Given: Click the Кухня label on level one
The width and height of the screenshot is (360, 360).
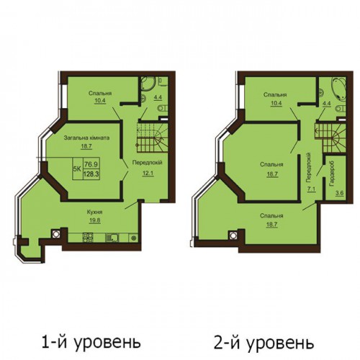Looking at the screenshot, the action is [95, 212].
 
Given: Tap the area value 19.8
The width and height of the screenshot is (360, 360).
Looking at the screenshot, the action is [95, 220].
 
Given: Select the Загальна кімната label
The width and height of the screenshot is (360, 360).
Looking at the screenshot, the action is [86, 138].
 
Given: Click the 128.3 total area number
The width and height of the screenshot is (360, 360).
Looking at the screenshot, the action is [91, 174].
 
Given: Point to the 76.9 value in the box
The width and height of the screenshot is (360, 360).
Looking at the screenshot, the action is [91, 164].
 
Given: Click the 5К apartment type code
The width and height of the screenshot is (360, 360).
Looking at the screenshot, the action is [77, 168].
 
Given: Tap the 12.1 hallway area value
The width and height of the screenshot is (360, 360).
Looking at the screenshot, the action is [148, 173].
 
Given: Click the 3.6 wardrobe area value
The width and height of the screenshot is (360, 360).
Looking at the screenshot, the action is [340, 194].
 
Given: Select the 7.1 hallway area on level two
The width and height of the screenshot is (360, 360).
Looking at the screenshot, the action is [312, 189].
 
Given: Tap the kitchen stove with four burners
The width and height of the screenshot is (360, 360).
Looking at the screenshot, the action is [88, 238].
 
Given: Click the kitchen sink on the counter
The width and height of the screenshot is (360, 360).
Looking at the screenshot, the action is [112, 238].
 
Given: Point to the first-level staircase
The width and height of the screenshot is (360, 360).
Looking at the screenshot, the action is [152, 138].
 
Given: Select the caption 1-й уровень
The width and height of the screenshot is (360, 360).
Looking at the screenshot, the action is [91, 342].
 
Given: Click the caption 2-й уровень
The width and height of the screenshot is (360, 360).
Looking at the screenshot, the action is [264, 343].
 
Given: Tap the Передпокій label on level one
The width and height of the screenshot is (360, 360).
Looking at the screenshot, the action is [148, 163].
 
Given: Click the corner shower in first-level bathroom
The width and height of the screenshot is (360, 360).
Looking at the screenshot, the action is [147, 84].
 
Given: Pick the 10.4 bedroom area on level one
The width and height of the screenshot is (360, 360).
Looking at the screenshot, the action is [100, 101].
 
